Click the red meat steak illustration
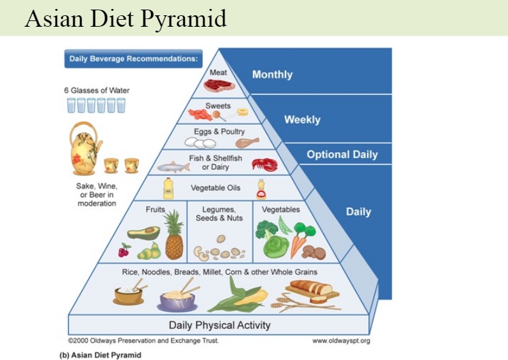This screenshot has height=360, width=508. click(220, 85)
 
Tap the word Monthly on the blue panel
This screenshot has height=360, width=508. click(272, 75)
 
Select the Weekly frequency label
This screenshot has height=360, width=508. click(302, 120)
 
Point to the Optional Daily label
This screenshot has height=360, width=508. click(342, 154)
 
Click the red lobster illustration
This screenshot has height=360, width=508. click(265, 164)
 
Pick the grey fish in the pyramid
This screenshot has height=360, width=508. click(173, 167)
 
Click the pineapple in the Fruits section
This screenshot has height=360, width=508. click(174, 234)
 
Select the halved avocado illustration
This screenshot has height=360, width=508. click(143, 233)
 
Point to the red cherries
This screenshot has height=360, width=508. click(124, 250)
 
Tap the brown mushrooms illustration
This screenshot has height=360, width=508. click(314, 252)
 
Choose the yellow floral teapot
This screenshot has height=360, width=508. click(85, 148)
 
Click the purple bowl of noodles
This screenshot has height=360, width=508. click(178, 302)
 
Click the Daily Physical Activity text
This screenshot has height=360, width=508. click(220, 325)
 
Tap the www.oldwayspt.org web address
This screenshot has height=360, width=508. click(341, 341)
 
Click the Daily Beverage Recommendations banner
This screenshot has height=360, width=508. click(133, 59)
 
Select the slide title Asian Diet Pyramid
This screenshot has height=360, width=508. click(126, 18)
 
